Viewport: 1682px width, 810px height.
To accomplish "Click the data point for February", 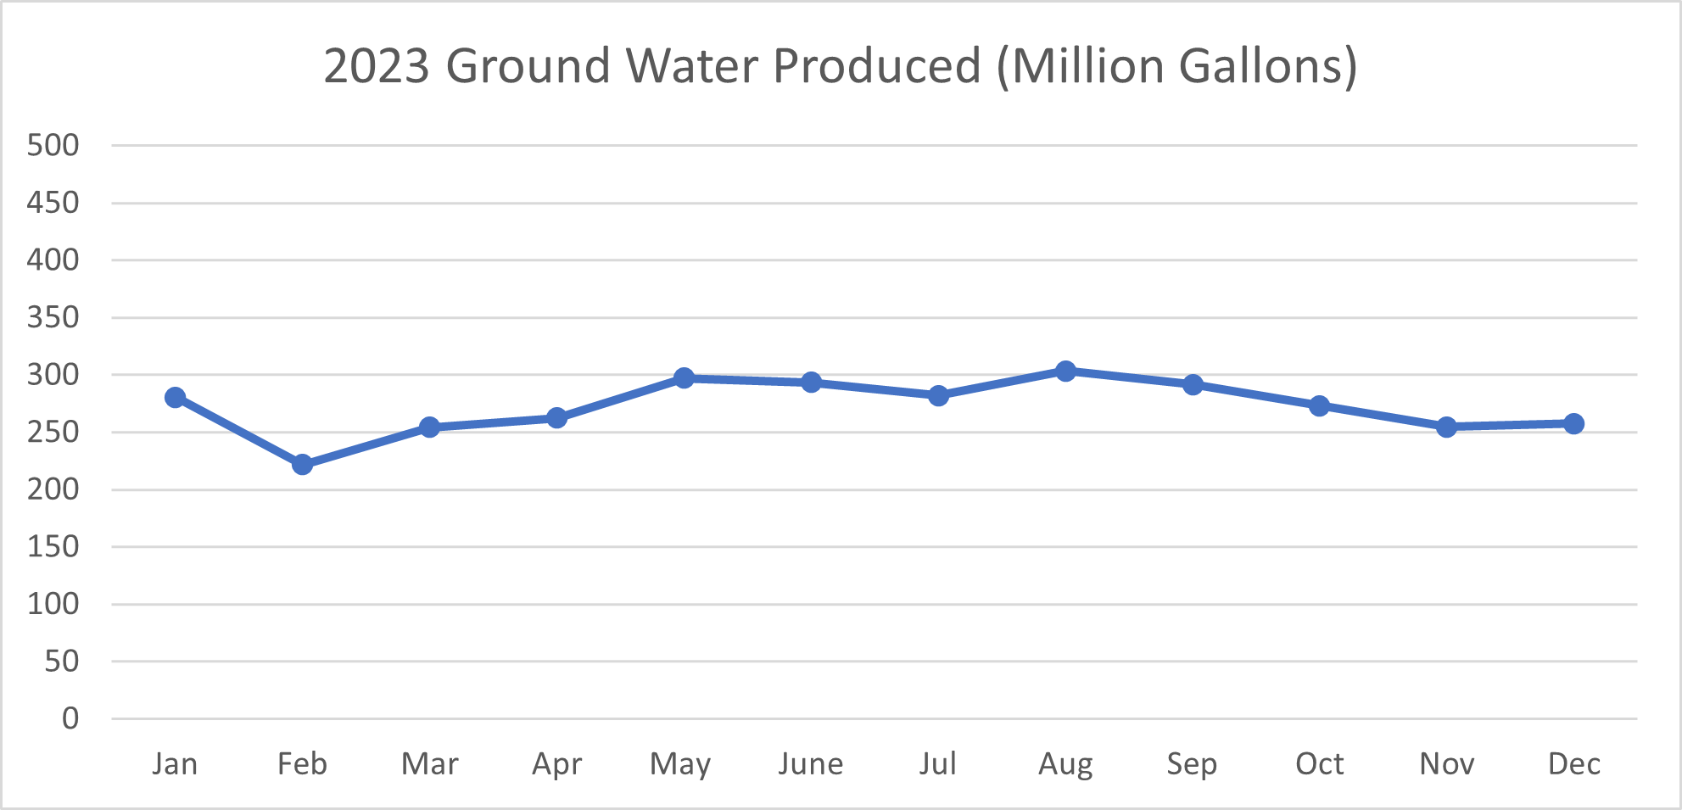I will point(302,464).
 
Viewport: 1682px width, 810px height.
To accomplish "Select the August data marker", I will point(1065,371).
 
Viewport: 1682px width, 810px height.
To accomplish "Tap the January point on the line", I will point(176,397).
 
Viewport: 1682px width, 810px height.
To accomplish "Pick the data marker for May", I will point(684,377).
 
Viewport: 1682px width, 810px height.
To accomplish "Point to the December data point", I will point(1573,423).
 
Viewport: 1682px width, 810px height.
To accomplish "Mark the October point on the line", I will point(1319,405).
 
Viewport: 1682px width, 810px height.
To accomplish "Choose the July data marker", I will point(938,395).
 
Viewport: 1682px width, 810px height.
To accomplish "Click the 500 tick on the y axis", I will point(53,145).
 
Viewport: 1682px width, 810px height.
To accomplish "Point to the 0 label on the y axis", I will point(70,718).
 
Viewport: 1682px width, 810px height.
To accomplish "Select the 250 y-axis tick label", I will point(53,432).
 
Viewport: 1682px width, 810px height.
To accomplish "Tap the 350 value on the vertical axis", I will point(53,317).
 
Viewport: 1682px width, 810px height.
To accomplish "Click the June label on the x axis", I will point(811,764).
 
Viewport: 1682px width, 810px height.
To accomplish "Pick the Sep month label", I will point(1192,764).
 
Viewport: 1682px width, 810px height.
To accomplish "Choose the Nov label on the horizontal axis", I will point(1446,764).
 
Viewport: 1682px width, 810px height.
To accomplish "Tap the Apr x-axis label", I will point(556,764).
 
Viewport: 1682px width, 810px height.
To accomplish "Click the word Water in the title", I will point(692,65).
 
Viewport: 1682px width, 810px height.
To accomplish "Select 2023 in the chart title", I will point(377,65).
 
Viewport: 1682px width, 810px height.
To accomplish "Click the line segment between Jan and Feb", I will point(238,431).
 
